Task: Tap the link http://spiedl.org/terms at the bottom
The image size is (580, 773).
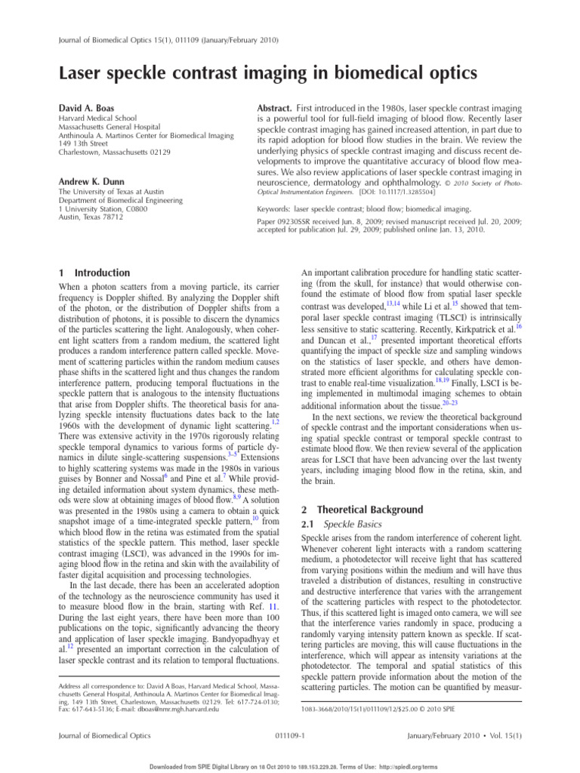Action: pyautogui.click(x=408, y=766)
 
